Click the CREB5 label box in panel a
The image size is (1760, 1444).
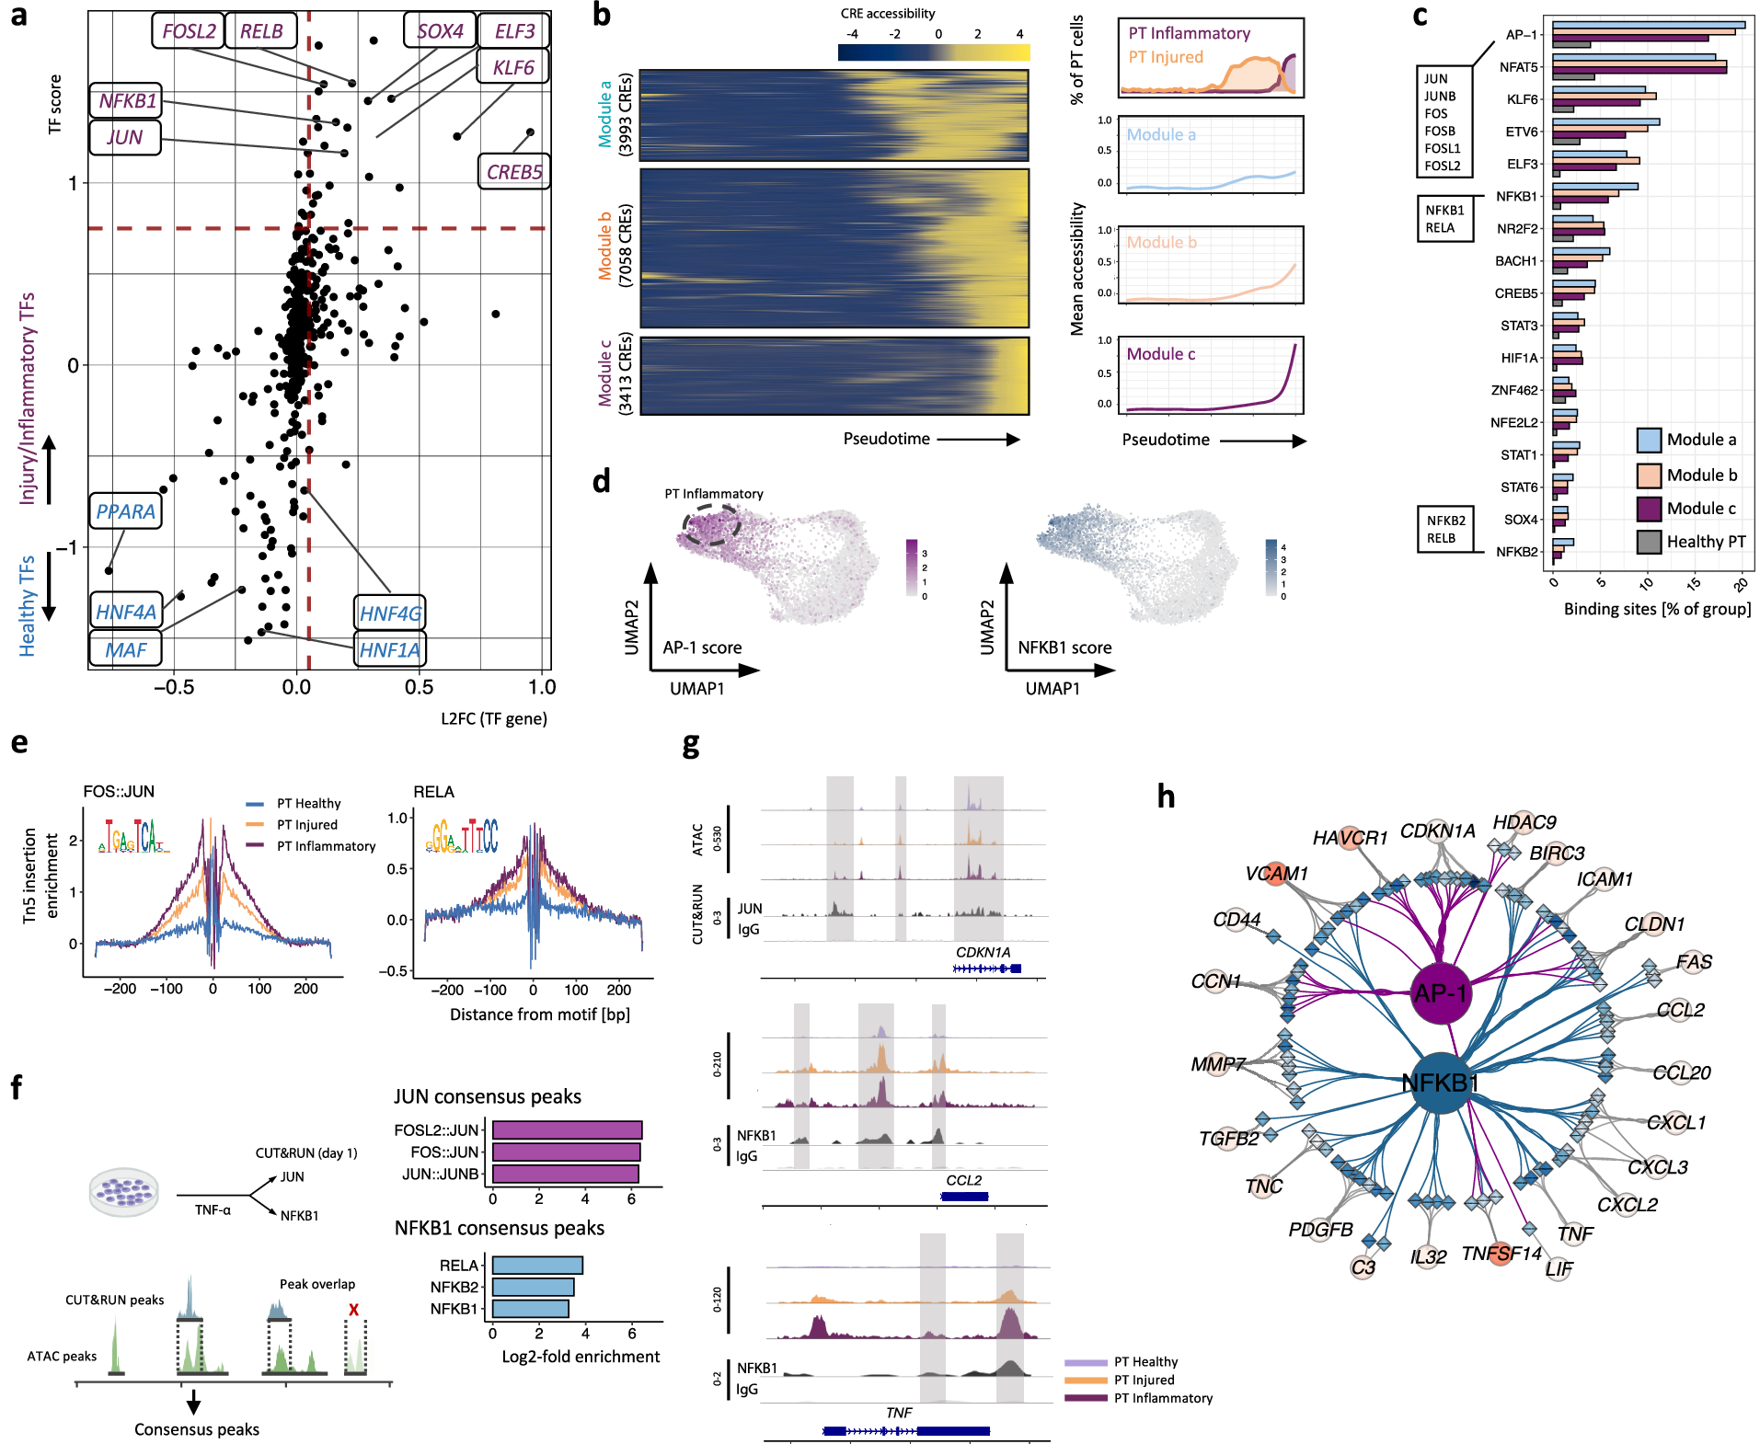(x=513, y=172)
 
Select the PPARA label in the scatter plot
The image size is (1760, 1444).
(x=126, y=511)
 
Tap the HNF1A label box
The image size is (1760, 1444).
(x=390, y=650)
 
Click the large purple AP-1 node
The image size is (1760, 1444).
(x=1441, y=993)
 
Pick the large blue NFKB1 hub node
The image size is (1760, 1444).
(x=1440, y=1083)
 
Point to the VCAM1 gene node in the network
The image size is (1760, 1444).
(x=1276, y=874)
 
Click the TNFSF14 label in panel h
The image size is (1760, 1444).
(x=1501, y=1254)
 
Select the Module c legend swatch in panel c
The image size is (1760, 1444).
(x=1649, y=509)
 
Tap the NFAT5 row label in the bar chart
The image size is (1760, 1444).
(x=1518, y=67)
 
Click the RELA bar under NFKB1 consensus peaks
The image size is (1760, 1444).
(x=537, y=1266)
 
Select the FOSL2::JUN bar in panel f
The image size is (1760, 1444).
(x=567, y=1130)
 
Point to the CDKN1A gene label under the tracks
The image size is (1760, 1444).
(x=983, y=953)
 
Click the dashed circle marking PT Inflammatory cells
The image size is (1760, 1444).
(x=711, y=525)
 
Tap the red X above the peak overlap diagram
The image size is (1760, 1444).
(x=353, y=1310)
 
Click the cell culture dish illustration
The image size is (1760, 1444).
(x=123, y=1192)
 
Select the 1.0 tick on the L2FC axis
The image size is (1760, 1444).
(x=542, y=687)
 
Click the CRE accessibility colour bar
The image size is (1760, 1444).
(x=933, y=52)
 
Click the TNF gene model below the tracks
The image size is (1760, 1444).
(x=906, y=1430)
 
